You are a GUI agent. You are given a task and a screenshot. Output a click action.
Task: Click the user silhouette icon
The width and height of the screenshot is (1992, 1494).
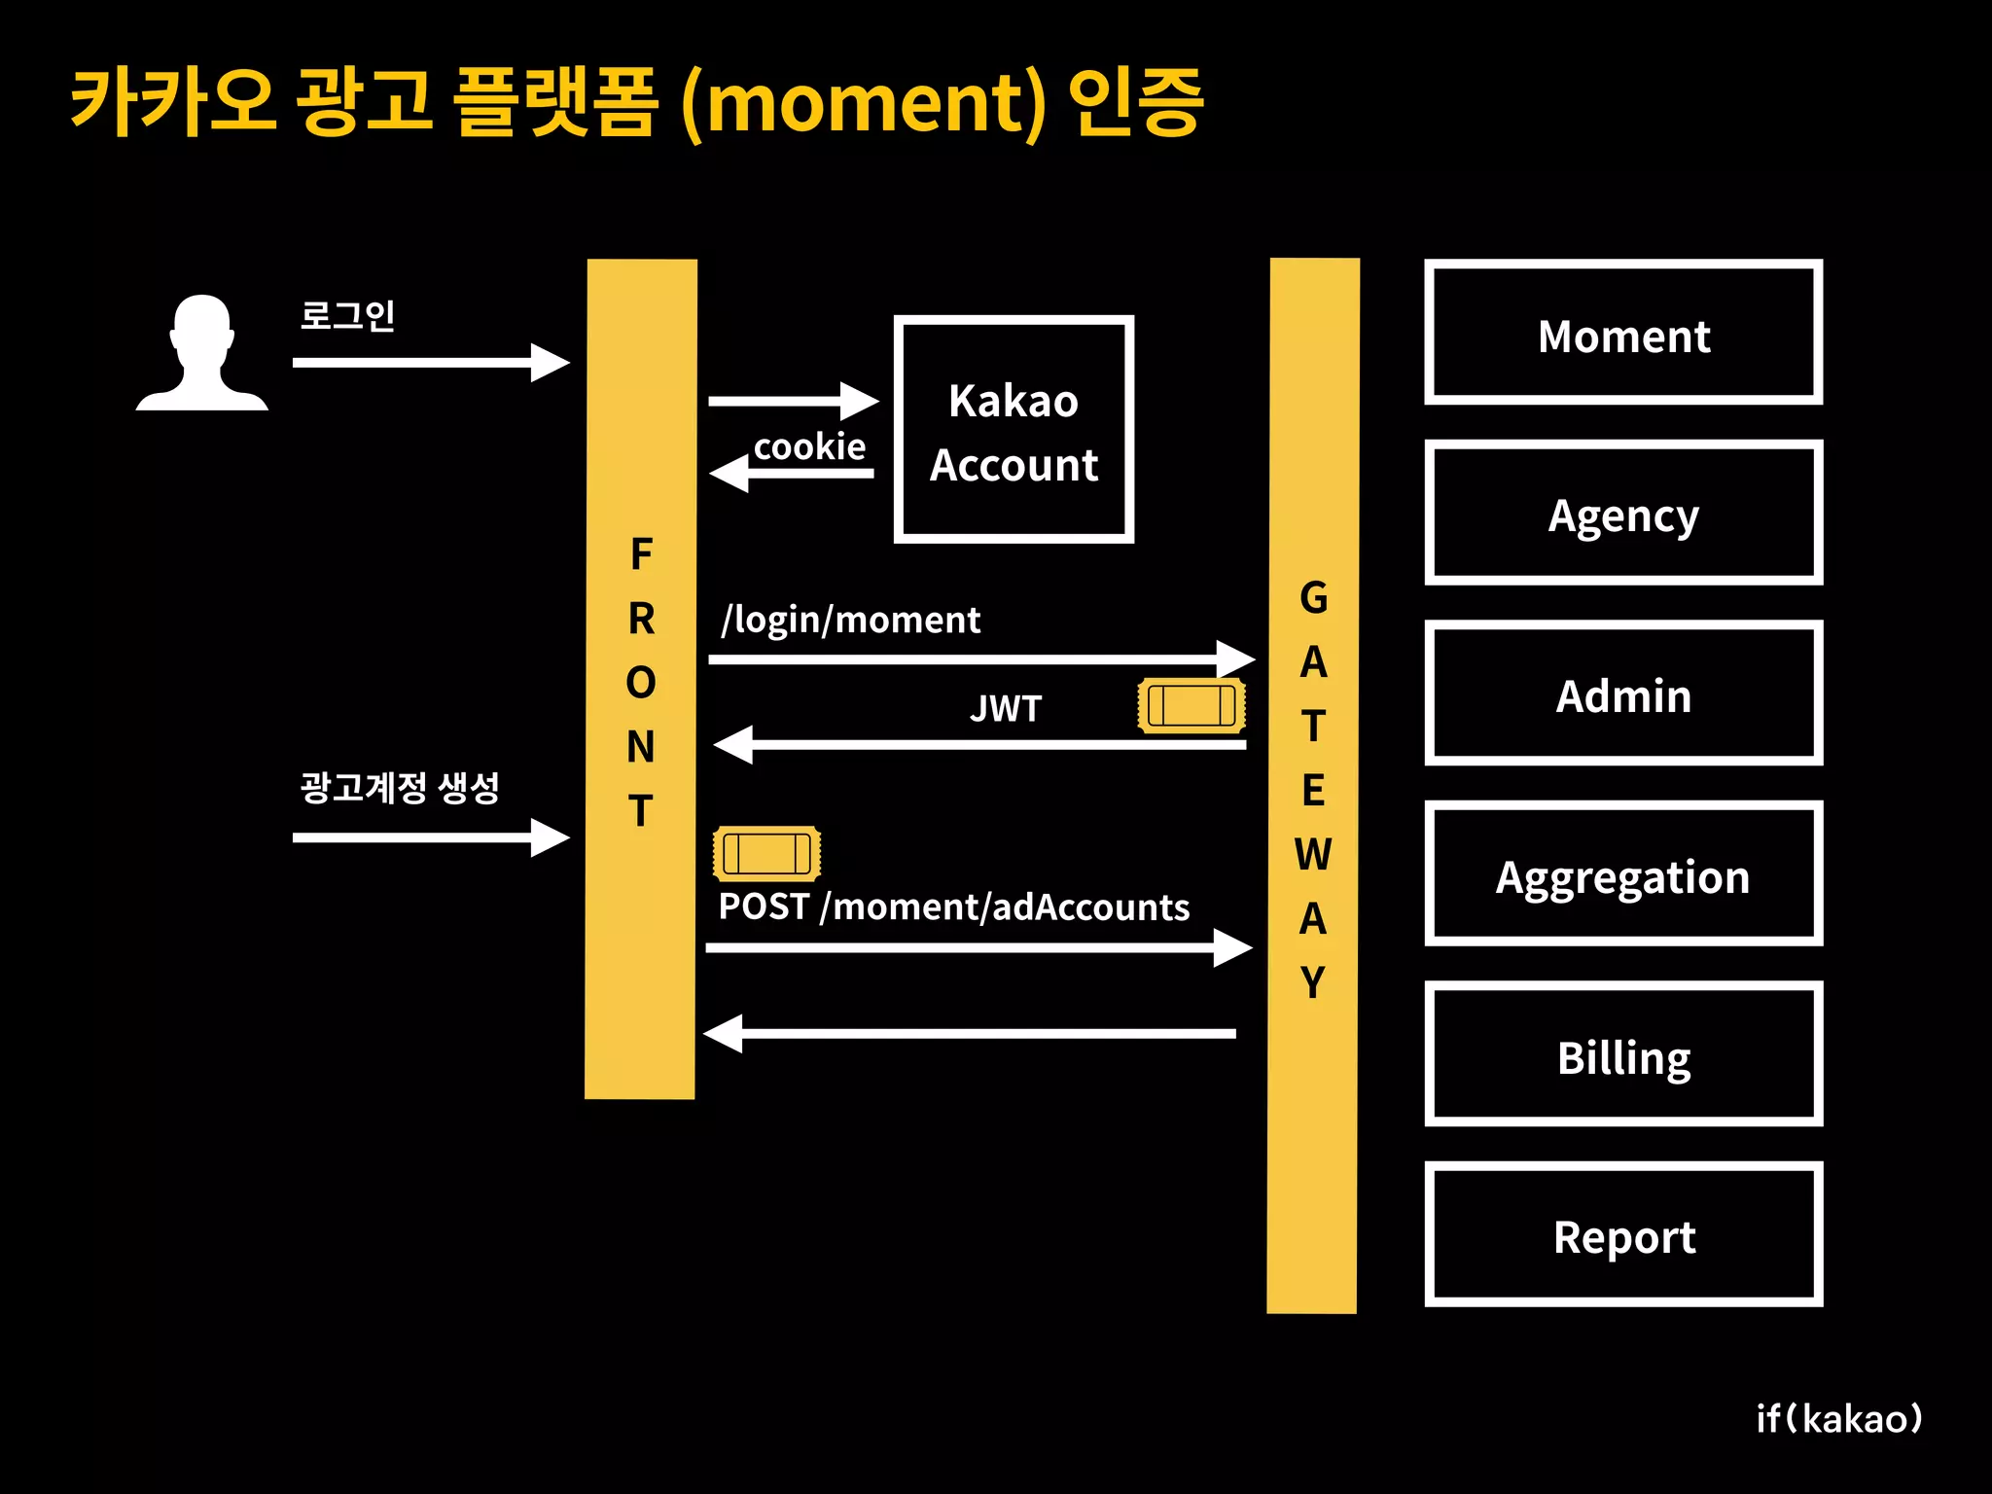202,352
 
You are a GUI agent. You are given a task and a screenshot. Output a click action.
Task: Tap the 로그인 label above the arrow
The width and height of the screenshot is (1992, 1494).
347,316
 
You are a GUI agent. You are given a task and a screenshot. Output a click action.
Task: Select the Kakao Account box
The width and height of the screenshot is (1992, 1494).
1014,429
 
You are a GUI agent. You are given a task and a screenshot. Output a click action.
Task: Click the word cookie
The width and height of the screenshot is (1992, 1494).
809,446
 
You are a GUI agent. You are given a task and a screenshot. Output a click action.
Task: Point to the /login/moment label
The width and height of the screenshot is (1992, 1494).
850,620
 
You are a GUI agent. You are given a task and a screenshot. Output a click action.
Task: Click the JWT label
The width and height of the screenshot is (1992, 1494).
1006,709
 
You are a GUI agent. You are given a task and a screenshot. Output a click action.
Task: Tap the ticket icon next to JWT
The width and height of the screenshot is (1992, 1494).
1192,705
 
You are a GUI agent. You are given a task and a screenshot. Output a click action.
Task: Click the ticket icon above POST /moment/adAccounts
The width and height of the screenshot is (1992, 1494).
766,853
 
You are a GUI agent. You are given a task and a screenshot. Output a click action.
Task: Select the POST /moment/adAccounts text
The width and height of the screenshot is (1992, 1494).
953,907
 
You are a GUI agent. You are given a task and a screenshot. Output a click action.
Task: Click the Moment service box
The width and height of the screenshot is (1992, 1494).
1623,332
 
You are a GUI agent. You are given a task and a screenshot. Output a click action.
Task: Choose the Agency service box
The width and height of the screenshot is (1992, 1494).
1623,513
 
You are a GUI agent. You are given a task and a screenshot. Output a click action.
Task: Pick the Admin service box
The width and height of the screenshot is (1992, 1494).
1623,694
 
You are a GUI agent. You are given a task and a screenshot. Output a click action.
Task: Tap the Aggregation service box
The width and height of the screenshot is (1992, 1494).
1623,873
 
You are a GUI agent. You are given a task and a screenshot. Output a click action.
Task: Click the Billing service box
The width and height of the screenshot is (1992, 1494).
1623,1054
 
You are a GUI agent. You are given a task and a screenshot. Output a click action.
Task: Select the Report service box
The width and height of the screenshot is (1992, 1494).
1623,1234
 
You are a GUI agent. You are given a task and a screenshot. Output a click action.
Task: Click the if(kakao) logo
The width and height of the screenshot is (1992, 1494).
1839,1419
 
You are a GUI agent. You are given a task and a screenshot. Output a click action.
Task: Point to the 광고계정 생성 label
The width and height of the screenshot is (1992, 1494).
400,787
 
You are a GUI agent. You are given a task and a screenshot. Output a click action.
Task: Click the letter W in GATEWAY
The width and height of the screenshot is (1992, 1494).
1312,854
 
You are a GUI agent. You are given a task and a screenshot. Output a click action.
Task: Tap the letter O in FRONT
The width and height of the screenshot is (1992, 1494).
641,683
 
